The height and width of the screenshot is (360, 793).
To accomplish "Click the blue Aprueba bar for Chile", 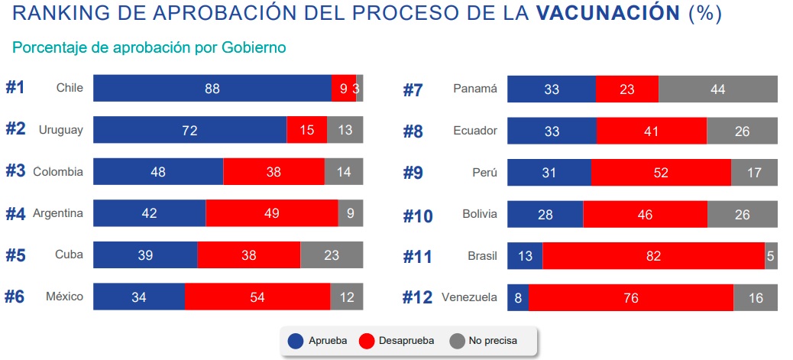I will click(212, 89).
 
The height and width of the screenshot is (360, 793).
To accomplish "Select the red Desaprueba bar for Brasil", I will click(653, 256).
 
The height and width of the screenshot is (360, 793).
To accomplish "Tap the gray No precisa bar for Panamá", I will click(717, 89).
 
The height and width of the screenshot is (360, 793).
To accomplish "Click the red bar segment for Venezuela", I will click(630, 297).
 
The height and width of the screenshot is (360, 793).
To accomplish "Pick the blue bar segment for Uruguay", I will click(189, 130).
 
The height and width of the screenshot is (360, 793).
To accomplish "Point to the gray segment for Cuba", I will click(332, 255).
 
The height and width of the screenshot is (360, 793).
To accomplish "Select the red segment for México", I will click(257, 297).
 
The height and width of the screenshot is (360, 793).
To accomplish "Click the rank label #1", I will click(15, 88).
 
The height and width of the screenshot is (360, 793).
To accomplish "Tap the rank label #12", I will click(418, 298).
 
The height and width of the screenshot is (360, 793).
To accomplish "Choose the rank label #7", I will click(413, 90).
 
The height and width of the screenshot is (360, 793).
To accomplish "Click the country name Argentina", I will click(57, 213).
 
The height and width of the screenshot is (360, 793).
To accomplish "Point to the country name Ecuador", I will click(474, 131).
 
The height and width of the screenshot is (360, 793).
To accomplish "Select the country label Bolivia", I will click(479, 214).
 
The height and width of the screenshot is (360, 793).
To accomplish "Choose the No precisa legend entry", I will click(483, 341).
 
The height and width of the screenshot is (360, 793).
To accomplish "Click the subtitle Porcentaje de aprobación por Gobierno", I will click(149, 47).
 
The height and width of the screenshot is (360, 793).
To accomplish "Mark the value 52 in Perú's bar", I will click(661, 173).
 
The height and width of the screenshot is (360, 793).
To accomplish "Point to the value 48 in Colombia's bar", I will click(158, 172).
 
